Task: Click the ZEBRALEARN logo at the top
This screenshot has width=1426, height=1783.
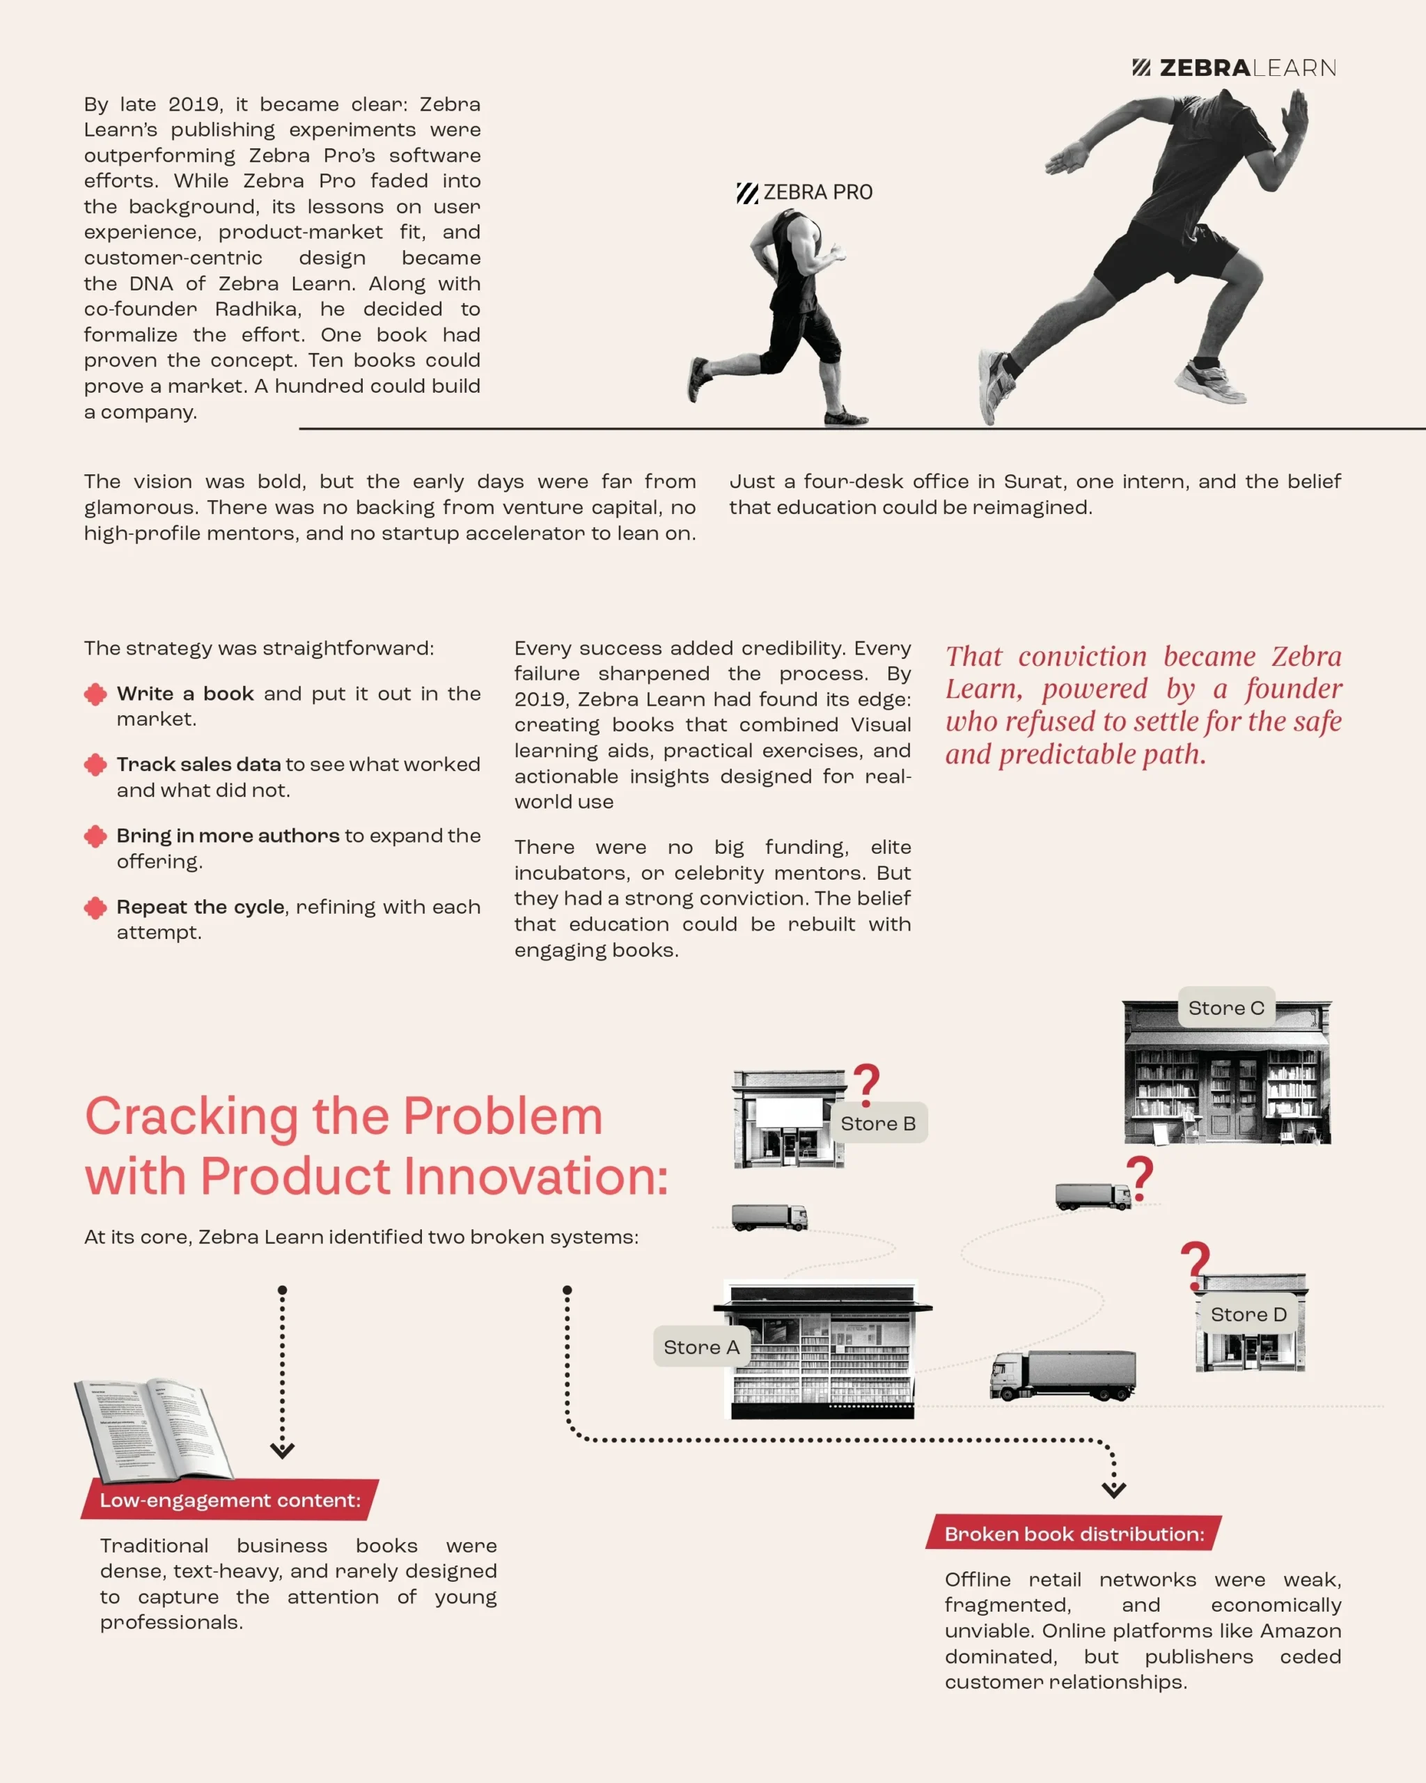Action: [x=1235, y=68]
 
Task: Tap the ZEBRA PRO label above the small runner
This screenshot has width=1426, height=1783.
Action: [x=804, y=193]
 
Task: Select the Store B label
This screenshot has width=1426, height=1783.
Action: [x=878, y=1123]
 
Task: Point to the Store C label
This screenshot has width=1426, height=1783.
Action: [x=1226, y=1007]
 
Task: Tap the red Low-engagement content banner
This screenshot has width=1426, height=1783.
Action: [x=230, y=1500]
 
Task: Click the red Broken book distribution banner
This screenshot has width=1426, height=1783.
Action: [x=1074, y=1534]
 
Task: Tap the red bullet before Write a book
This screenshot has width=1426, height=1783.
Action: [x=96, y=694]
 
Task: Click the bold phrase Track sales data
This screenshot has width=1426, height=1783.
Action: [x=198, y=764]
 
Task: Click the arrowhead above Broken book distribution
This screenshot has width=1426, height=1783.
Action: [x=1113, y=1489]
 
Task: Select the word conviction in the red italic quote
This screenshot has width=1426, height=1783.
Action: [x=1082, y=656]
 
